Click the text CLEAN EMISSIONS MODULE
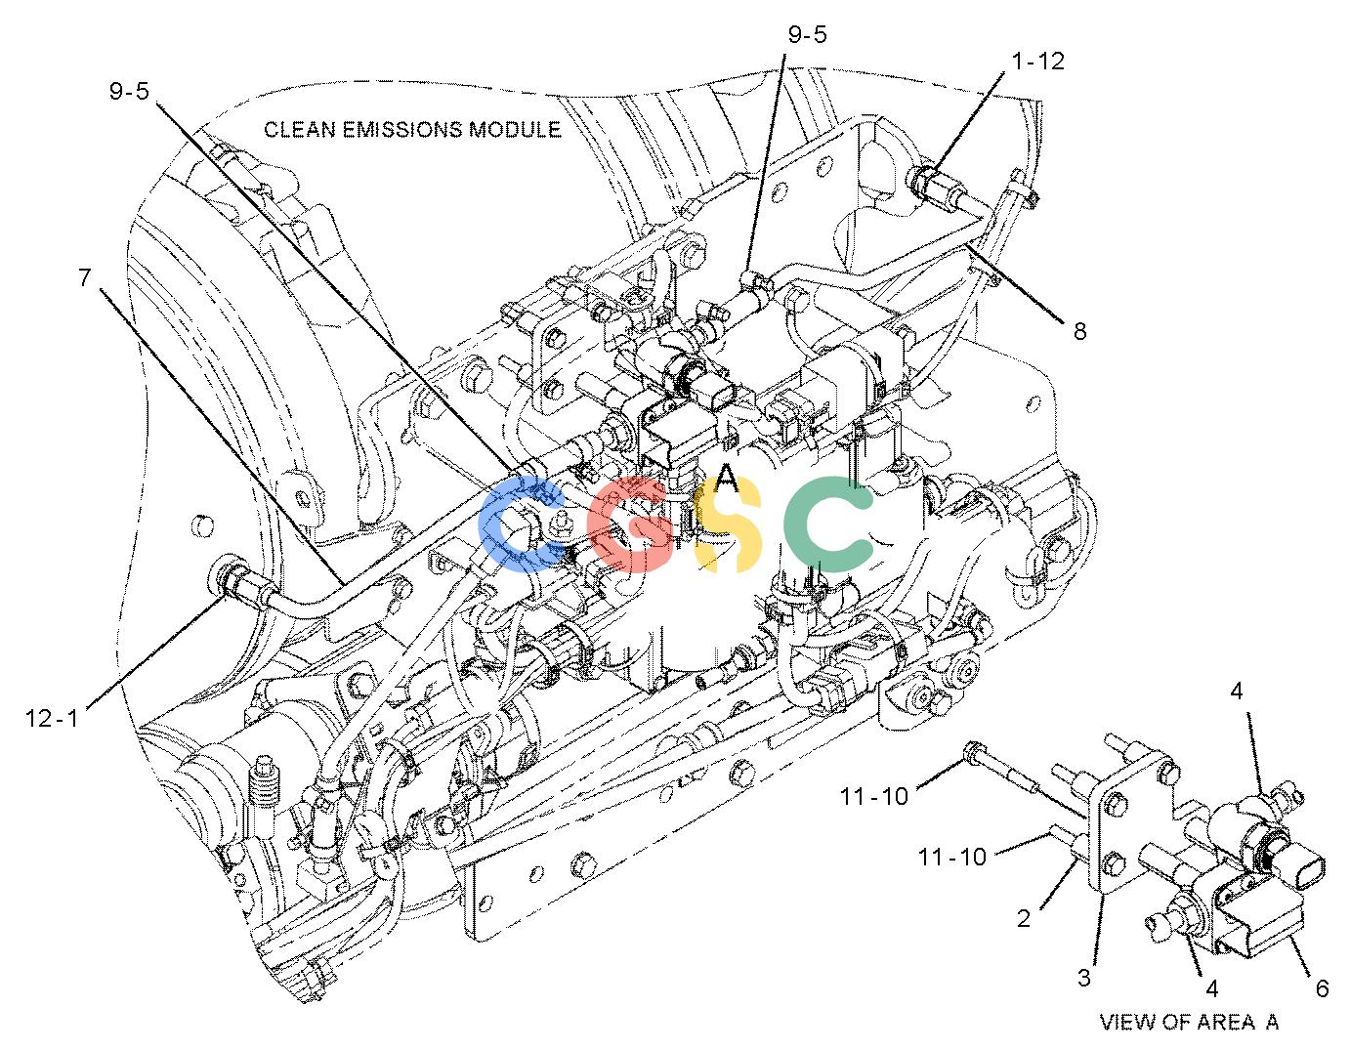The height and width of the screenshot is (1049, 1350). click(x=412, y=129)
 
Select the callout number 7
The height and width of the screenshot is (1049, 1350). click(x=85, y=277)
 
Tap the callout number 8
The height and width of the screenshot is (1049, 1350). click(x=1079, y=331)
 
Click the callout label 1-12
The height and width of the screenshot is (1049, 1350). click(x=1038, y=61)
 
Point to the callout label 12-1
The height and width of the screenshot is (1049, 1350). click(x=52, y=719)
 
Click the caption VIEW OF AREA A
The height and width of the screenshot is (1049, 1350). click(x=1189, y=1022)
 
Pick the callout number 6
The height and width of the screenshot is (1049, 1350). click(x=1322, y=988)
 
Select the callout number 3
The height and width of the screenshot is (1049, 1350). click(x=1083, y=978)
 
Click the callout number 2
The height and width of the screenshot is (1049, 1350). click(x=1024, y=918)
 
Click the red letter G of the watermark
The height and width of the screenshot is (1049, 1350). click(x=627, y=524)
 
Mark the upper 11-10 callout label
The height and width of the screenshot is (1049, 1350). click(x=873, y=796)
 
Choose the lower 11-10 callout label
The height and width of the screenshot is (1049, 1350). click(x=951, y=857)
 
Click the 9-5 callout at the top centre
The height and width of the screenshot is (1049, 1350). click(x=807, y=34)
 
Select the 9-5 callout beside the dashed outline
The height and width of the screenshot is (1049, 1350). click(x=129, y=91)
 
